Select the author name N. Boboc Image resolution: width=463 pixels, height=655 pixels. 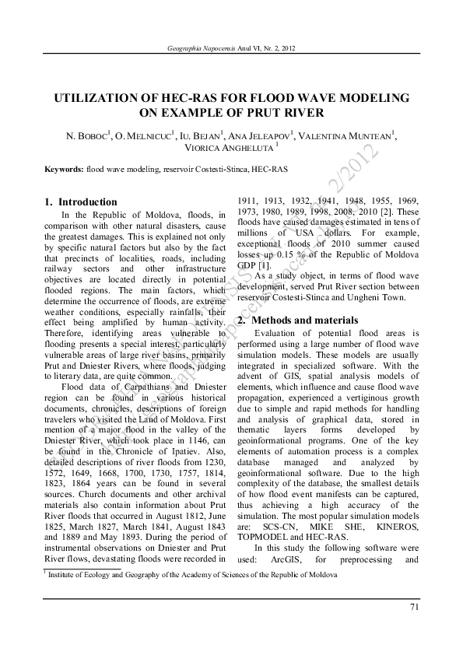(x=87, y=137)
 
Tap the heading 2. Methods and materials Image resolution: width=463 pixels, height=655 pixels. (x=297, y=320)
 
